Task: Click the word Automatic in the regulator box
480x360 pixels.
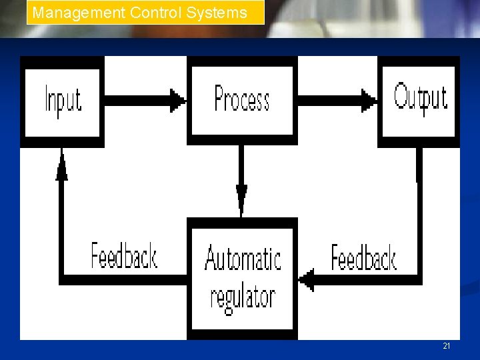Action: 243,258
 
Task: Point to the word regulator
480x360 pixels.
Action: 243,297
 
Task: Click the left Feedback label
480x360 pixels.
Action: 124,255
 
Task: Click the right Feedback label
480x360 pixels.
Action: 363,257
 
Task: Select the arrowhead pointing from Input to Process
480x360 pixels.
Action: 177,101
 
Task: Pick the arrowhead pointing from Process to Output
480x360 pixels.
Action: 369,101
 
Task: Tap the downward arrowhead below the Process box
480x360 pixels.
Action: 241,197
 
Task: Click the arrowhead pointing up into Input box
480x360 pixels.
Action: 62,165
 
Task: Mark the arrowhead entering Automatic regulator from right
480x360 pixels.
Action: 306,279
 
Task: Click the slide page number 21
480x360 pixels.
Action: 446,345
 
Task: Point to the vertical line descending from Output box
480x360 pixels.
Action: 419,213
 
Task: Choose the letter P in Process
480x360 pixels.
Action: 221,98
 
